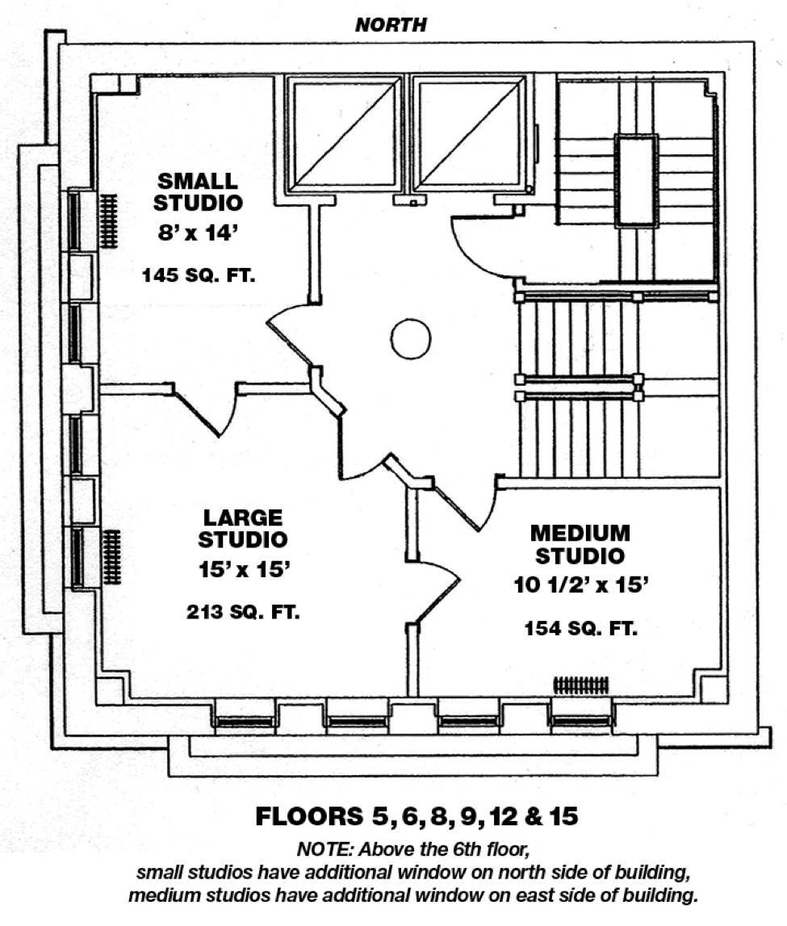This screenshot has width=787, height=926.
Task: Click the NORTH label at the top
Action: (x=391, y=25)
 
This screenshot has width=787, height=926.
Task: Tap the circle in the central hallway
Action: (x=411, y=338)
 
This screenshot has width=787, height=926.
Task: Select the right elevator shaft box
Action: (x=469, y=134)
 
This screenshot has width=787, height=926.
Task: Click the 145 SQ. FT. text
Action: (x=199, y=275)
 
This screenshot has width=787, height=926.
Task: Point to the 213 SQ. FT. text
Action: (x=243, y=612)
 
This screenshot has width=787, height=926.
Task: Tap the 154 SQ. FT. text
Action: (x=581, y=628)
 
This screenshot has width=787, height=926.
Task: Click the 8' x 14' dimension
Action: (x=198, y=233)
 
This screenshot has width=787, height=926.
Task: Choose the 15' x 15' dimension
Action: (x=244, y=570)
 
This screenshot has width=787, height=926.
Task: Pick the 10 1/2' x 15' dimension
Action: (x=581, y=585)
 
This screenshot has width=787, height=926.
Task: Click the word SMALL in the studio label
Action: (x=198, y=181)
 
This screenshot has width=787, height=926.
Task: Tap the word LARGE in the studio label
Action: (x=243, y=517)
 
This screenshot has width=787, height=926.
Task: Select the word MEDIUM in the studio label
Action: (x=580, y=534)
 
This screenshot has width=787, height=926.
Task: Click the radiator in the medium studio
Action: (x=581, y=685)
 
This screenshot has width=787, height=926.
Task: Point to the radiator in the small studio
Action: (x=108, y=221)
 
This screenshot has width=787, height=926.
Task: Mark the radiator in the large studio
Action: (x=111, y=557)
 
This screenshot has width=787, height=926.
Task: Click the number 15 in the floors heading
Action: (x=564, y=816)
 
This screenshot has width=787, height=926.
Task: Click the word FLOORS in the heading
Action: (x=309, y=816)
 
